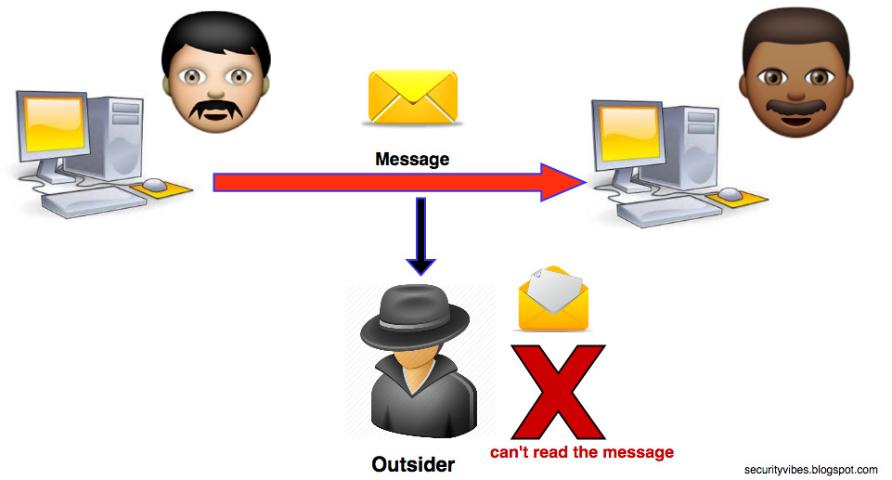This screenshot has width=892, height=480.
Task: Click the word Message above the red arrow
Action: [412, 159]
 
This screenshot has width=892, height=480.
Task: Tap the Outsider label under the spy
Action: [413, 463]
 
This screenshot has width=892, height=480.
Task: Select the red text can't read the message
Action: [582, 452]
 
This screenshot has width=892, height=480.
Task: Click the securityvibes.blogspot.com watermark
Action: [810, 470]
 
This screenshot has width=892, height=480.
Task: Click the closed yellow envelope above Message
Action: [413, 97]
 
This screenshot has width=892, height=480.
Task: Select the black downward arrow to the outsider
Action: [421, 237]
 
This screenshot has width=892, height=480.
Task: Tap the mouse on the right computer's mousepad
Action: [731, 194]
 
